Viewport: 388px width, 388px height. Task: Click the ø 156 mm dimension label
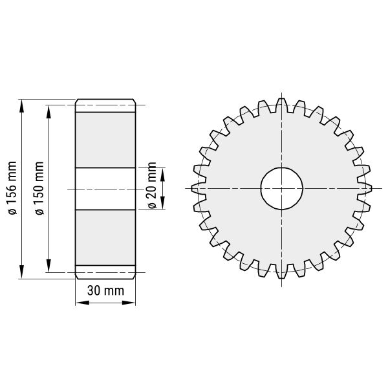(x=12, y=189)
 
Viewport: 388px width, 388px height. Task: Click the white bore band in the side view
(x=106, y=188)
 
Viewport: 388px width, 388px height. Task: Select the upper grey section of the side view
(x=106, y=139)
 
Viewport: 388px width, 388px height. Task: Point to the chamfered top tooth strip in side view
(x=106, y=105)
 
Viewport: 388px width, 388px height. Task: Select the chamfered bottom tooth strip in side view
(x=106, y=272)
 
